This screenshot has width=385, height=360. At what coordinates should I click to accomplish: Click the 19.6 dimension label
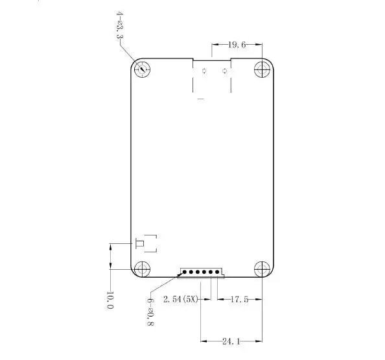237,45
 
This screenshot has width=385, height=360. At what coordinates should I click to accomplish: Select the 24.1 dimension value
231,341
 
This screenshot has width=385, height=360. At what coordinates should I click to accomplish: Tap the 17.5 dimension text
239,299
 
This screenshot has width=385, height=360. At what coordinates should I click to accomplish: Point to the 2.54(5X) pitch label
180,299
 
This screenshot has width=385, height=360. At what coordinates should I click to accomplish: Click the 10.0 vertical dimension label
110,300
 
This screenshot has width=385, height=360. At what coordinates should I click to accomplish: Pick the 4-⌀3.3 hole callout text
119,25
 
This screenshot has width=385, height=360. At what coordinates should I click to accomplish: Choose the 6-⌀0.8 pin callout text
150,312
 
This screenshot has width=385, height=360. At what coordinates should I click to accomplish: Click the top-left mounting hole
143,69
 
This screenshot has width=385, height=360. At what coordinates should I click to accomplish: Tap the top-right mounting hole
262,69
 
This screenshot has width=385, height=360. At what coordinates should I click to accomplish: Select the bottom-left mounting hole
143,269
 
